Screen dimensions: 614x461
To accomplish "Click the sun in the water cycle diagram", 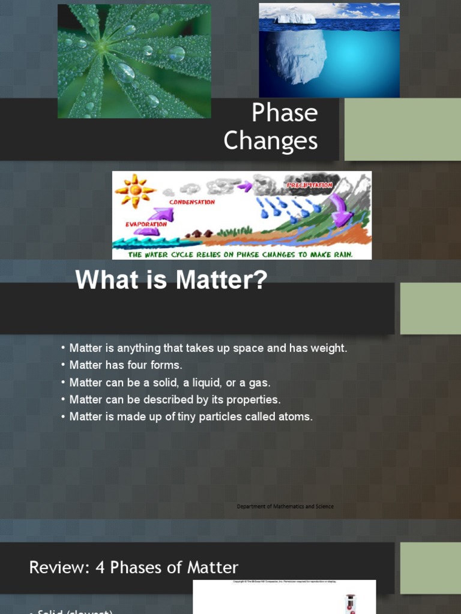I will point(135,189).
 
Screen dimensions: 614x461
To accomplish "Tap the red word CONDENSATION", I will point(191,203).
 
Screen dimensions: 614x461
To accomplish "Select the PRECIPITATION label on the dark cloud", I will point(310,185).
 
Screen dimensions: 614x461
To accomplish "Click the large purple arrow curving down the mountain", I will point(342,210).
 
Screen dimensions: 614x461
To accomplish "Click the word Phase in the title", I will point(285,113).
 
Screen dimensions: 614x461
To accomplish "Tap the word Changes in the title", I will point(271,141).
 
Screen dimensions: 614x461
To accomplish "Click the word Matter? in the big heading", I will point(232,281).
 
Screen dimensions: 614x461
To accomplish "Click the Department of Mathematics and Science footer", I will point(285,507).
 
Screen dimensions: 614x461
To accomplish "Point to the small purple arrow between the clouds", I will point(244,186).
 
